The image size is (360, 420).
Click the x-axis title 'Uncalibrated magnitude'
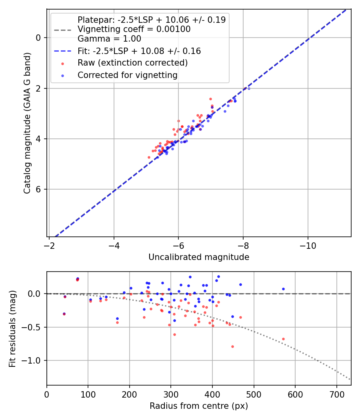pyautogui.click(x=199, y=257)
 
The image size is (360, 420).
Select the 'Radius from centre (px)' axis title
pyautogui.click(x=199, y=406)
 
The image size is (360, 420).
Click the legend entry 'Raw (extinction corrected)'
pyautogui.click(x=132, y=63)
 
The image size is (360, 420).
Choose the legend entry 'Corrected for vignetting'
pyautogui.click(x=128, y=75)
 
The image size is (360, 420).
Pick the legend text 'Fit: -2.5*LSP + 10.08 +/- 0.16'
pyautogui.click(x=139, y=51)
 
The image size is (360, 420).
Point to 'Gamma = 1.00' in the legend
pyautogui.click(x=109, y=39)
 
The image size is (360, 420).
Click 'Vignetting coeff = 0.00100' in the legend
pyautogui.click(x=134, y=29)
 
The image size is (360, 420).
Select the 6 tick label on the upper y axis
pyautogui.click(x=38, y=190)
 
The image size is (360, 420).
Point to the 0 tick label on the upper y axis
pyautogui.click(x=38, y=38)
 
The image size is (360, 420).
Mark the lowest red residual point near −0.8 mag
pyautogui.click(x=232, y=346)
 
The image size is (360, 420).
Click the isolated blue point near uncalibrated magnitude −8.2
pyautogui.click(x=249, y=88)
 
